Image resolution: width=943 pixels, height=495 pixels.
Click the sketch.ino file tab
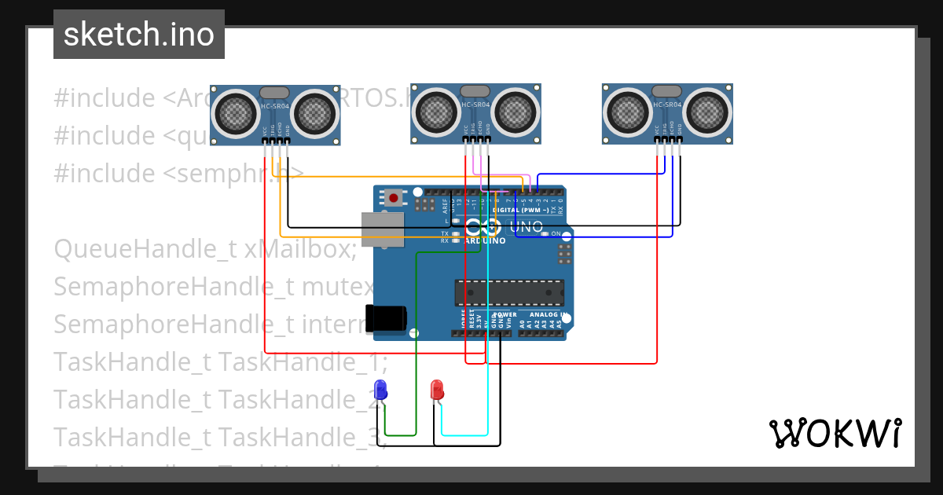(139, 35)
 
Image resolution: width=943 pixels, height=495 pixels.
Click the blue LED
(381, 389)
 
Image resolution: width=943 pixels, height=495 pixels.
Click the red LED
(438, 389)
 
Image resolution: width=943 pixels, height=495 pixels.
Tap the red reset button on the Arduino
(393, 198)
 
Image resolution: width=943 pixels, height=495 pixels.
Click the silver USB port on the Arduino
(382, 229)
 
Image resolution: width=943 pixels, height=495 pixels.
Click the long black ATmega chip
(509, 292)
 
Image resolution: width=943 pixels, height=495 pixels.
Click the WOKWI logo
(835, 433)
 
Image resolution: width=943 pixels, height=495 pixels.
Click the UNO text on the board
(527, 227)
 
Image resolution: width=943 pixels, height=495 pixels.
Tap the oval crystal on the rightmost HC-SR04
(667, 91)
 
